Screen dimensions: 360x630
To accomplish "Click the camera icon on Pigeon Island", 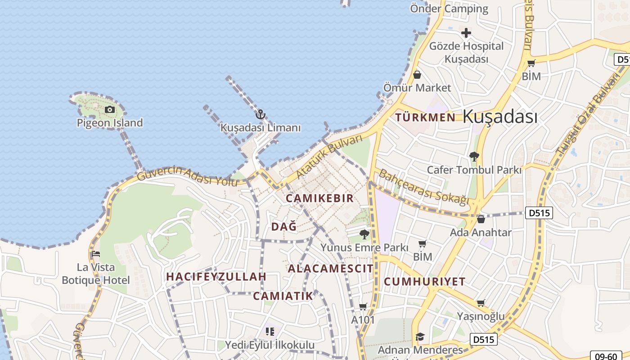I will tap(109, 109).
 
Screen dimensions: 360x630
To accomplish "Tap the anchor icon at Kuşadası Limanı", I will tap(260, 114).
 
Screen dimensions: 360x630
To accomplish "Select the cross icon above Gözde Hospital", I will tap(466, 33).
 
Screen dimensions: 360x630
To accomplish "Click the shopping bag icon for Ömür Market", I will tap(417, 74).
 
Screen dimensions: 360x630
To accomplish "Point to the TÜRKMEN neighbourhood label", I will tap(425, 117).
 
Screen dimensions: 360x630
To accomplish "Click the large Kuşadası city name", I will tap(500, 117).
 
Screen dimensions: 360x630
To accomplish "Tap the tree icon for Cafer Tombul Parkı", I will tap(474, 157).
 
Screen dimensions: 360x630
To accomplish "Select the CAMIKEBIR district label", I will tap(319, 198).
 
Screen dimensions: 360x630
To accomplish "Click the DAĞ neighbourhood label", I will tap(284, 227).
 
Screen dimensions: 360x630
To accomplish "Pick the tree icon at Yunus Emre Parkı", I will tap(364, 234).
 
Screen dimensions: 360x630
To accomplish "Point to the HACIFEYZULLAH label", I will tap(216, 276).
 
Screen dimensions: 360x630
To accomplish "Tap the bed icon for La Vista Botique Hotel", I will tap(95, 254).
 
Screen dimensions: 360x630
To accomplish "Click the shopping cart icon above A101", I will tap(363, 306).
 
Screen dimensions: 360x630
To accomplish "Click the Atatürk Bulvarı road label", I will tap(329, 156).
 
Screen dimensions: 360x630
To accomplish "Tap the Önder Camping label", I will tap(449, 9).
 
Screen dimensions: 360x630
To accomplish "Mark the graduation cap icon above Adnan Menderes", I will tap(420, 336).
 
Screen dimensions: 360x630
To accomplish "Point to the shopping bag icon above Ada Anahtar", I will tap(481, 219).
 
